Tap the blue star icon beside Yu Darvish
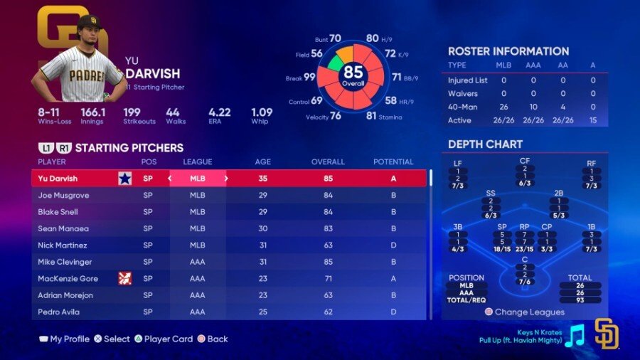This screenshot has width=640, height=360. pos(124,179)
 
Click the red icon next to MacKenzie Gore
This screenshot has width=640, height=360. pos(124,278)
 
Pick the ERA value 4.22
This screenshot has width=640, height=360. pos(220,112)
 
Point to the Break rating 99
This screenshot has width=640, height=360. pos(309,77)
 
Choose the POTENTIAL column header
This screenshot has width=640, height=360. pos(393,162)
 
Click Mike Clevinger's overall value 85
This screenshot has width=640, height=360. pos(328,262)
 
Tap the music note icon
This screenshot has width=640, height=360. pos(575,334)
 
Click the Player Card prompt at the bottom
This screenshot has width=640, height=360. pos(167,339)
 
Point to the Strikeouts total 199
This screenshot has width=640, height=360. pos(132,112)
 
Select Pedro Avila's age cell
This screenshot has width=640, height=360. pos(262,312)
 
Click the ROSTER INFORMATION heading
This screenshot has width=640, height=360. pos(508,51)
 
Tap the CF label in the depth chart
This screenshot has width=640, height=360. pos(525,161)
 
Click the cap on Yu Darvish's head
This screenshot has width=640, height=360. pos(89,21)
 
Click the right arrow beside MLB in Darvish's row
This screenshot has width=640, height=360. pos(226,179)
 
